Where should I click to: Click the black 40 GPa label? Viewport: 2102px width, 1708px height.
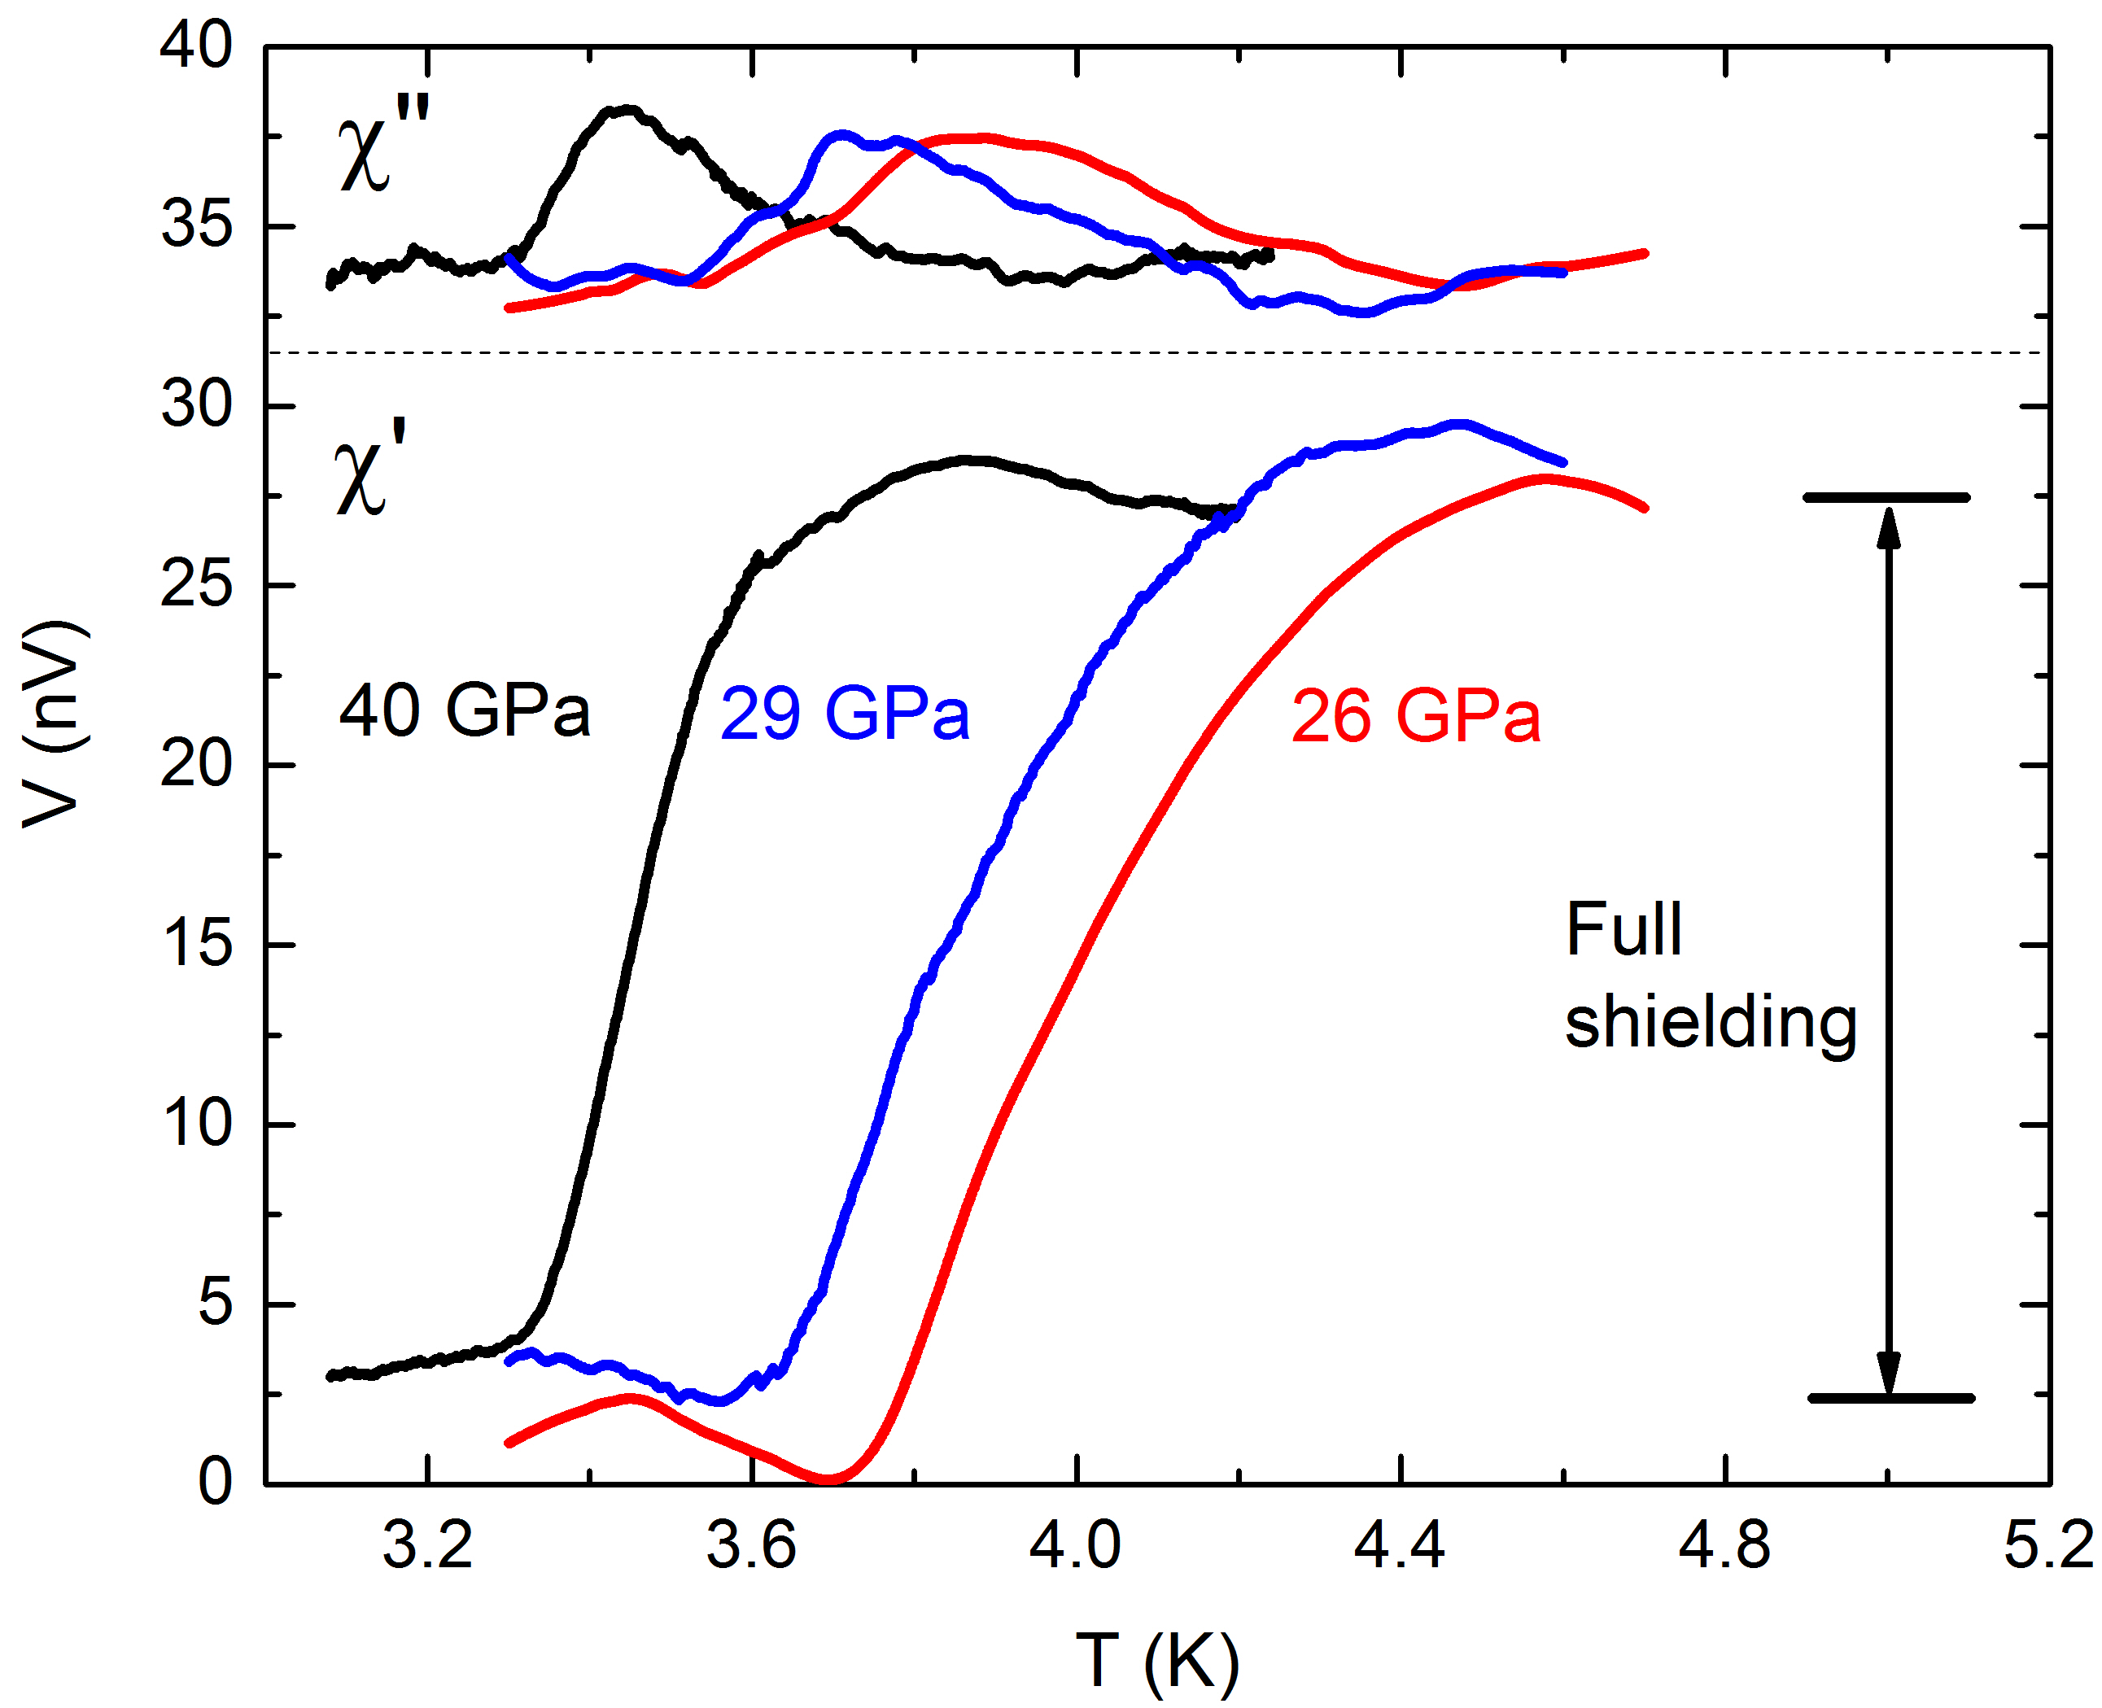click(x=464, y=710)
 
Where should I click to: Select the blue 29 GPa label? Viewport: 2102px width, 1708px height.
click(x=845, y=714)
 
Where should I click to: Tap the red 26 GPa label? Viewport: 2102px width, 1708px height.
click(x=1415, y=716)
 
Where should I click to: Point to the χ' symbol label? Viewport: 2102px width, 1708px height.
click(x=370, y=470)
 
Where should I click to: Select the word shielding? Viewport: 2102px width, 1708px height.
click(x=1711, y=1023)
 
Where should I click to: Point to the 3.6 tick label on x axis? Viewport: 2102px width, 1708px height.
click(x=751, y=1544)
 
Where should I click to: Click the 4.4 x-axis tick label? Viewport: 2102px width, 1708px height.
click(x=1400, y=1544)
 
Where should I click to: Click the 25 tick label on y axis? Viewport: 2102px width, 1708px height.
click(x=197, y=585)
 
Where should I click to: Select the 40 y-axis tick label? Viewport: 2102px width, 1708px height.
click(x=197, y=46)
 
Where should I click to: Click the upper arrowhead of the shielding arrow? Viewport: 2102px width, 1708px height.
click(x=1887, y=527)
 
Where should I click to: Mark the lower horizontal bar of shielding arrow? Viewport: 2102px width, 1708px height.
click(x=1890, y=1398)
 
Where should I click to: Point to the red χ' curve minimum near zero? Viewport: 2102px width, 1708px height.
click(x=828, y=1478)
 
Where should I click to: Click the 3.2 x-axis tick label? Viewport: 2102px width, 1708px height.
click(x=427, y=1544)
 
